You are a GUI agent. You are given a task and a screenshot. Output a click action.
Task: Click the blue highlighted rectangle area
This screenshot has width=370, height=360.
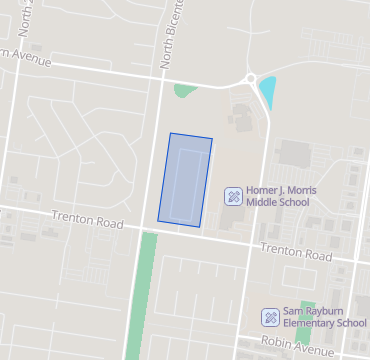pyautogui.click(x=185, y=178)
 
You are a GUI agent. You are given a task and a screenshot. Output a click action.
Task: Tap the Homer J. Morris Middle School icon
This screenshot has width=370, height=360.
pyautogui.click(x=232, y=195)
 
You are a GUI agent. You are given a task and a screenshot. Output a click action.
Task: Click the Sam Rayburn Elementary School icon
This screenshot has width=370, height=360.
pyautogui.click(x=269, y=317)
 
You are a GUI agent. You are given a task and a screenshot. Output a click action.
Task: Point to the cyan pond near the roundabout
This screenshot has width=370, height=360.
pyautogui.click(x=267, y=93)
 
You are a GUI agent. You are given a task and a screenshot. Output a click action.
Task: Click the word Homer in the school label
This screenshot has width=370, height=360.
pyautogui.click(x=263, y=190)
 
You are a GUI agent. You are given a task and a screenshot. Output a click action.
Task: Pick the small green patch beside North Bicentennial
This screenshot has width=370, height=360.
pyautogui.click(x=184, y=91)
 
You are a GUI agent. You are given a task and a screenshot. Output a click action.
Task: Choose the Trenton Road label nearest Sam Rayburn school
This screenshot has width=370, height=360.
pyautogui.click(x=295, y=252)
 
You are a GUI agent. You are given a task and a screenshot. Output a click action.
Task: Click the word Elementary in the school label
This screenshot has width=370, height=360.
pyautogui.click(x=311, y=323)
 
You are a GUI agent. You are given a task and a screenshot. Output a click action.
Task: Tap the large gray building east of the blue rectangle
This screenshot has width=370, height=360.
pyautogui.click(x=295, y=153)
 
